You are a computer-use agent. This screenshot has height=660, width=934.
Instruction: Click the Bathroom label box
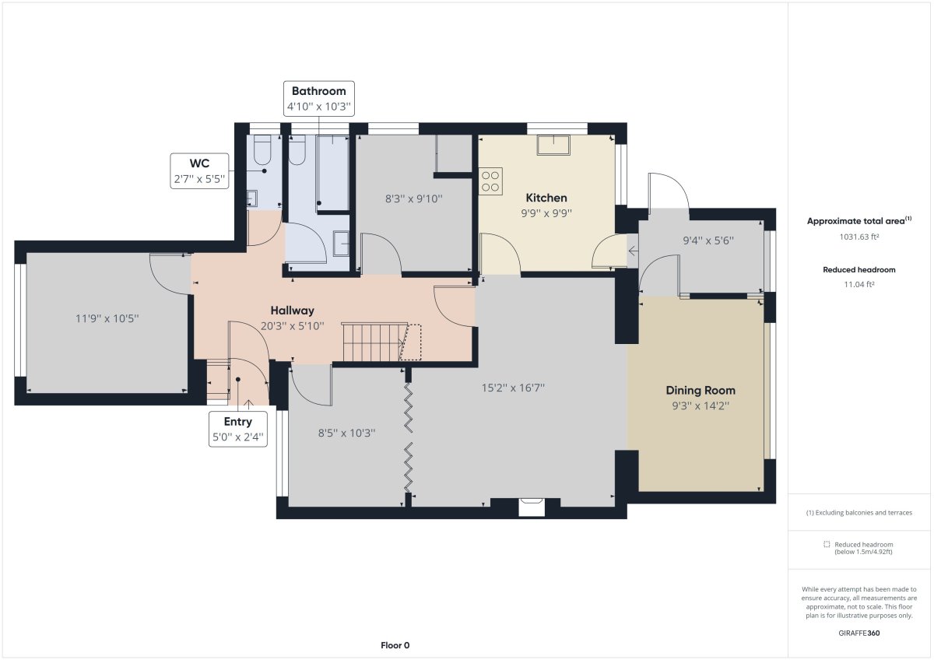coord(319,98)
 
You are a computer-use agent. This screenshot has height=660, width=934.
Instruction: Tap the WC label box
coord(199,171)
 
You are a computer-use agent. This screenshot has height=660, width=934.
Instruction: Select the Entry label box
coord(238,429)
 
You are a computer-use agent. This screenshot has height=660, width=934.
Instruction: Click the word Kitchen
coord(546,198)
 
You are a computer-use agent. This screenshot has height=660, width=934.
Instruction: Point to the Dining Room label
coord(700,390)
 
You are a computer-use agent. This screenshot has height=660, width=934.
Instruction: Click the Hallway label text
coord(293,311)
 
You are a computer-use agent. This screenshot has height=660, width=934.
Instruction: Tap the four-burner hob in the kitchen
coord(490,181)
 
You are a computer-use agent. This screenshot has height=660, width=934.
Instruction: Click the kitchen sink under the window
coord(553,145)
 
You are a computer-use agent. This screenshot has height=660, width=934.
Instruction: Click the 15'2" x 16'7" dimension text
coord(513,388)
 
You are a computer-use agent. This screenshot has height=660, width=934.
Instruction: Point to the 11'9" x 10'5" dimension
coord(107,318)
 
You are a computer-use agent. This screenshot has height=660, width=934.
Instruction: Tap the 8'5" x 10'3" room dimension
coord(347,433)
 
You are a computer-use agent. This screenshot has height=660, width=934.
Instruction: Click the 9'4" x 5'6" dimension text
coord(708,240)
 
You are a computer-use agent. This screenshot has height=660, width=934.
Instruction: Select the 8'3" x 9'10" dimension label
coord(413,198)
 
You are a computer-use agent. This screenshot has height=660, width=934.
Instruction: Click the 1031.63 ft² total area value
coord(859,237)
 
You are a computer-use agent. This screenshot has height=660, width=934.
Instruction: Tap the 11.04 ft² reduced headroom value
coord(859,284)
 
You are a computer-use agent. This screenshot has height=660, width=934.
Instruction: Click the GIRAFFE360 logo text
coord(859,633)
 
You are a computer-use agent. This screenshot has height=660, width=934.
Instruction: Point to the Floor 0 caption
coord(395,645)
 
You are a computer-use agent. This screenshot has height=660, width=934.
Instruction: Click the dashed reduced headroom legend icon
coord(827,544)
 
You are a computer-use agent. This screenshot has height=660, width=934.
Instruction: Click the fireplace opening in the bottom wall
coord(531,507)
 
